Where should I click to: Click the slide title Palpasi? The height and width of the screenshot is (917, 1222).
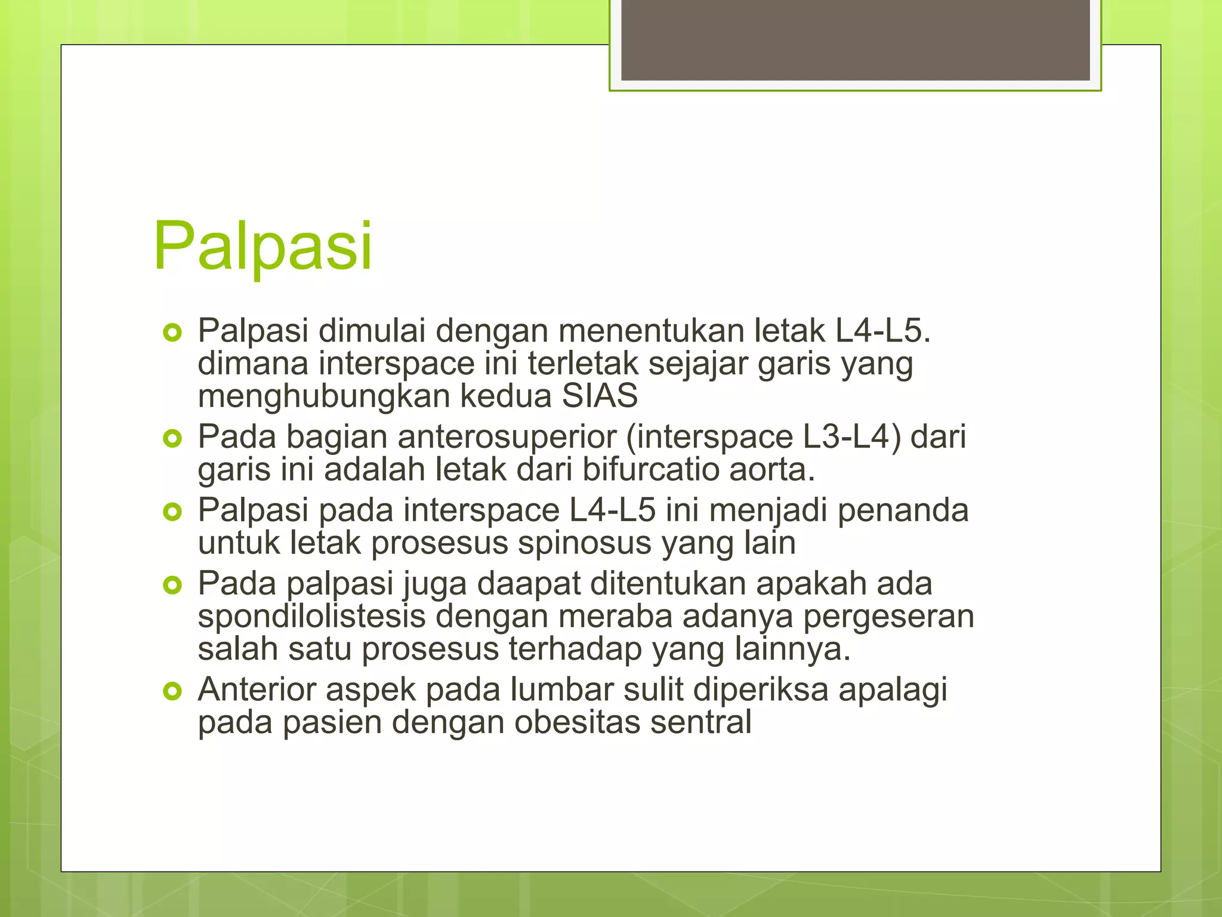pyautogui.click(x=263, y=246)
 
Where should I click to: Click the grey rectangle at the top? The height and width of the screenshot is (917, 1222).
pyautogui.click(x=855, y=39)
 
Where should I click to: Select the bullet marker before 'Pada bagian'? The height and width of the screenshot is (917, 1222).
pyautogui.click(x=172, y=439)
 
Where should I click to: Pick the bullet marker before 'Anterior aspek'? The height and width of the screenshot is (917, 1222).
pyautogui.click(x=172, y=692)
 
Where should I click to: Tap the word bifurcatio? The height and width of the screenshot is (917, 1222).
pyautogui.click(x=650, y=469)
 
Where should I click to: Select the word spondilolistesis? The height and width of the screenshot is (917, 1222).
pyautogui.click(x=311, y=617)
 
